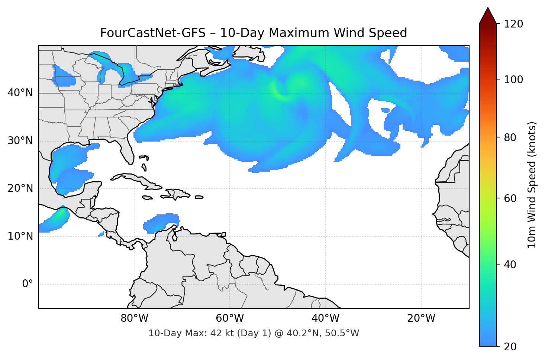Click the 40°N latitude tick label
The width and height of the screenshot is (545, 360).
[20, 93]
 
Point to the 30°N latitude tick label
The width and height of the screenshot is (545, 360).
[20, 141]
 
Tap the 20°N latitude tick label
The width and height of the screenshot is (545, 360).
[20, 188]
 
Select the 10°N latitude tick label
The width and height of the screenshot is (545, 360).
[20, 236]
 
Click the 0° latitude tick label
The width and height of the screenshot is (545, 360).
[28, 284]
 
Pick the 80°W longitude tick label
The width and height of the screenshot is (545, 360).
[135, 318]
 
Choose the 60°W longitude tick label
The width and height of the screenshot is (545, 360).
[230, 318]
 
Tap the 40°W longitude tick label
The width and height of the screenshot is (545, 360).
[326, 318]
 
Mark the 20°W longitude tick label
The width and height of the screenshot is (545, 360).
[421, 318]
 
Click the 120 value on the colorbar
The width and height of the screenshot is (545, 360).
[513, 24]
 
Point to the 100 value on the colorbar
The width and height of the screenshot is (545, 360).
[513, 80]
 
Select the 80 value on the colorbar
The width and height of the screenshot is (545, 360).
[510, 137]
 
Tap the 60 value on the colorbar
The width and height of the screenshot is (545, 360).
[510, 198]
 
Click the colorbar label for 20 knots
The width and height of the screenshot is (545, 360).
[510, 347]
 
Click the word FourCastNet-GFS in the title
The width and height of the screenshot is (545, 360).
[153, 33]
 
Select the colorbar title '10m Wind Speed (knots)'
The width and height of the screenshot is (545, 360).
[532, 185]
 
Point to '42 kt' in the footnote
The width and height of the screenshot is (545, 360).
[221, 333]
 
